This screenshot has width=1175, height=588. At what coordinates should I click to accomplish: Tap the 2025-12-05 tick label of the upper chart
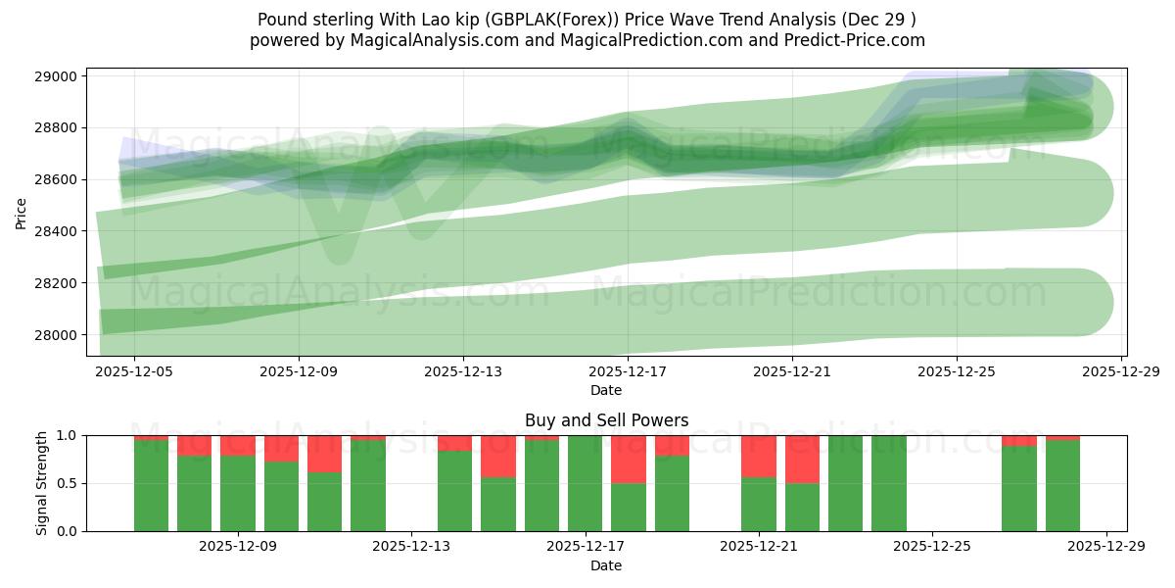point(134,372)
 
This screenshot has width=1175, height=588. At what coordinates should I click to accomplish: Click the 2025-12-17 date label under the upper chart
point(628,372)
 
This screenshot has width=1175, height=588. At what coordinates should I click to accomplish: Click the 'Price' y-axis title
point(22,212)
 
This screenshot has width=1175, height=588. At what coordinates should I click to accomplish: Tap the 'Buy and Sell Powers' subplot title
point(606,420)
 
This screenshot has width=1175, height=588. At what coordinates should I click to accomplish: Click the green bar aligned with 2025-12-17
point(585,483)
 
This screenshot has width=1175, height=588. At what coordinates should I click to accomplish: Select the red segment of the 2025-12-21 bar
point(758,456)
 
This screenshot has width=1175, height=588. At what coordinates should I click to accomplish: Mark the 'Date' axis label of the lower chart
point(606,565)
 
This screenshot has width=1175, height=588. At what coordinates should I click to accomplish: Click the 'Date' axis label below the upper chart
point(606,390)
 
